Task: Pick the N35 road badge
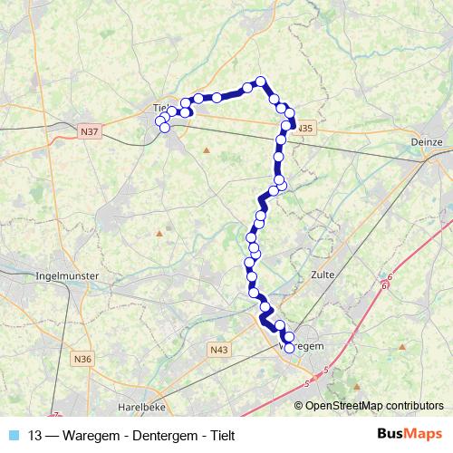pyautogui.click(x=304, y=128)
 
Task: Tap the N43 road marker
pyautogui.click(x=218, y=349)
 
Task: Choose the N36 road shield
pyautogui.click(x=83, y=359)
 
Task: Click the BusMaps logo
pyautogui.click(x=410, y=435)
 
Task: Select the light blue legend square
pyautogui.click(x=13, y=435)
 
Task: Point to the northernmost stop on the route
pyautogui.click(x=261, y=82)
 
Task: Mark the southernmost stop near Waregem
pyautogui.click(x=289, y=347)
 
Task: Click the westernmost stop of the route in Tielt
pyautogui.click(x=160, y=120)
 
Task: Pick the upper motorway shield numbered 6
pyautogui.click(x=390, y=276)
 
